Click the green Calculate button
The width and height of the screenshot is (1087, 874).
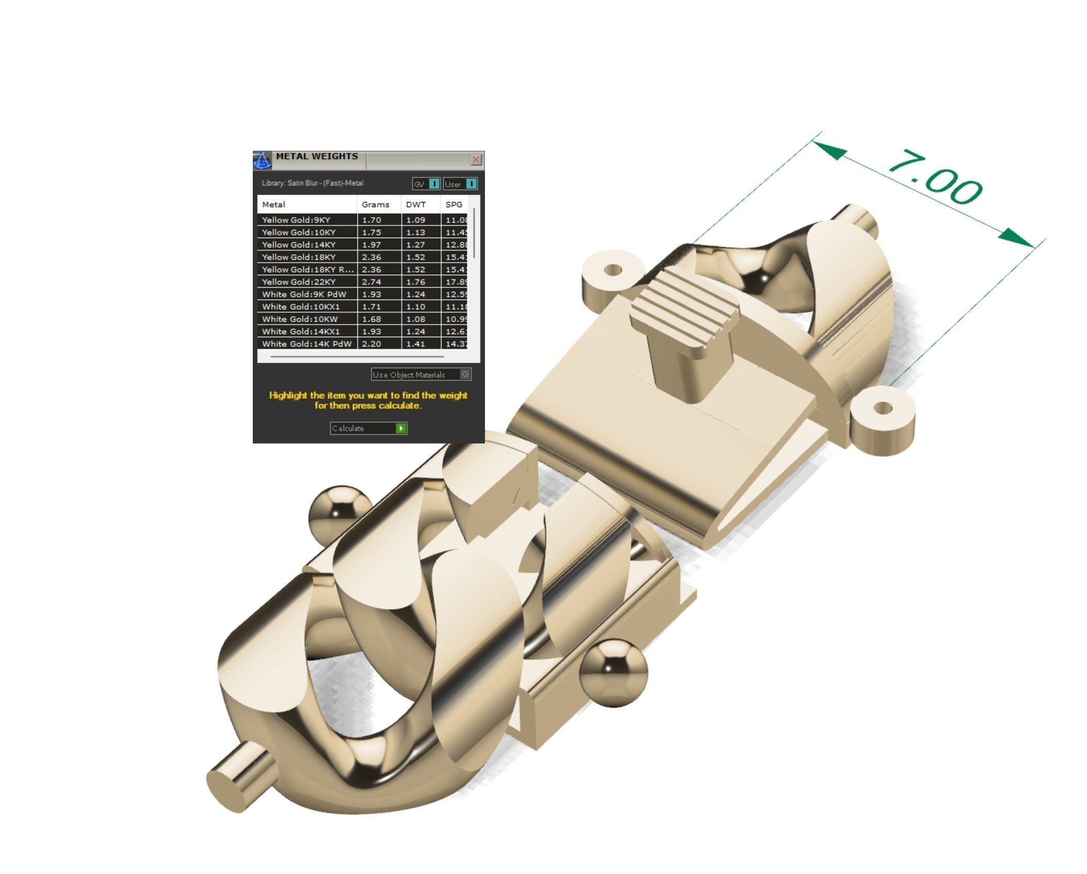[x=400, y=428]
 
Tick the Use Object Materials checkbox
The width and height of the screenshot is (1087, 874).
[x=465, y=374]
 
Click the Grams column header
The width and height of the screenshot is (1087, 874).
[x=375, y=204]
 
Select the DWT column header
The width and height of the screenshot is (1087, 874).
[x=416, y=204]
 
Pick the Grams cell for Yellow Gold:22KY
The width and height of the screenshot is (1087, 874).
[x=371, y=282]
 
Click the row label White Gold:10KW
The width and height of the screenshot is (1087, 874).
[x=300, y=319]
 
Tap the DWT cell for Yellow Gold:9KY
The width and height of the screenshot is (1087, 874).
[x=416, y=220]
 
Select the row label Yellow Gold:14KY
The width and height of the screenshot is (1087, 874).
[x=299, y=245]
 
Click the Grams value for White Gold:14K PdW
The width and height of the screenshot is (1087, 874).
[x=371, y=344]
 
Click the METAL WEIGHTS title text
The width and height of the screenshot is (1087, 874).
[x=316, y=156]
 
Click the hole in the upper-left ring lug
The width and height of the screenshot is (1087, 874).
[x=613, y=270]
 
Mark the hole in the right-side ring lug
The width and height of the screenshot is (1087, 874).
[x=883, y=409]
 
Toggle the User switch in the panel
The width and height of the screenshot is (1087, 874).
[x=471, y=184]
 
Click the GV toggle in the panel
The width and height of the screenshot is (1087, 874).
[x=434, y=184]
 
